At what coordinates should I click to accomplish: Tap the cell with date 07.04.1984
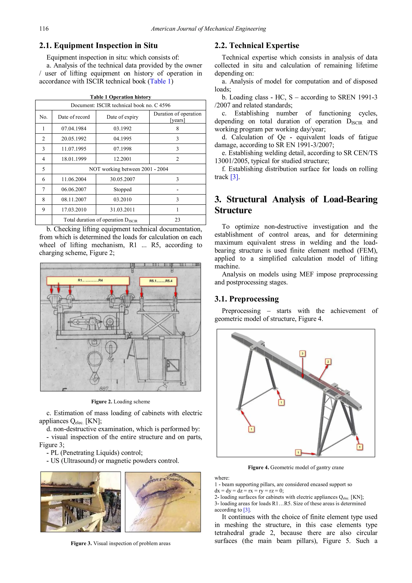74,128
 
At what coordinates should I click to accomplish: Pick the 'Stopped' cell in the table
123,189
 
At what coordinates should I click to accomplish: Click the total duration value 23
177,220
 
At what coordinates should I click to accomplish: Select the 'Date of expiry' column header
122,117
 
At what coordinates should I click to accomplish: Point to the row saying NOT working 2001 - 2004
128,169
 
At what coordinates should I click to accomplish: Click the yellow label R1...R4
88,281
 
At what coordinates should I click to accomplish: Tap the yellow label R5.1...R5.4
158,281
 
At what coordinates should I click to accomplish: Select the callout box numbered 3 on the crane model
302,354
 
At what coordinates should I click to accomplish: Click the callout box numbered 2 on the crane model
328,362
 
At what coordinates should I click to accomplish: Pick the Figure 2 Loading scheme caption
121,401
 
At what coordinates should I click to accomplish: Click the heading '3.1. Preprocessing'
246,299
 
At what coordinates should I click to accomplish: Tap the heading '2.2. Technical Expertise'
257,45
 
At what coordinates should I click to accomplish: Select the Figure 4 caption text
296,467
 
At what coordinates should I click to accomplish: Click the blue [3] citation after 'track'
234,177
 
